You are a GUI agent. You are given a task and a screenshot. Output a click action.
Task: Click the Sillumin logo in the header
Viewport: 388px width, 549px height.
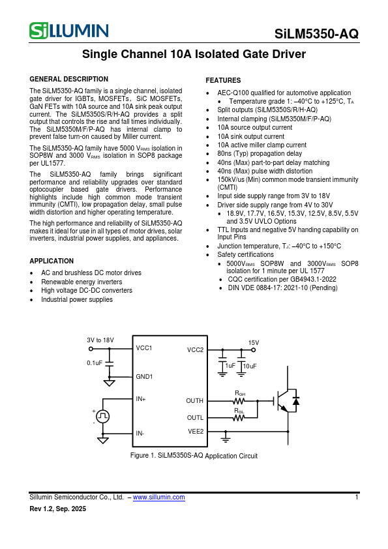click(x=68, y=31)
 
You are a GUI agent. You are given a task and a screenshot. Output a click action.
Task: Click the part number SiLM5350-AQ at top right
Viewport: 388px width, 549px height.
click(x=316, y=35)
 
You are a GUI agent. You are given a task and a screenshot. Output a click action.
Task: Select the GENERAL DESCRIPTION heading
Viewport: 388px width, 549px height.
click(x=69, y=79)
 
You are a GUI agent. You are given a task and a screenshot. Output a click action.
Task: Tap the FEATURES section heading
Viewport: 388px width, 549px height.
click(x=223, y=80)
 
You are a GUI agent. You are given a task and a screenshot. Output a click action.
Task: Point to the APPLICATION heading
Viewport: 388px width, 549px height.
click(x=52, y=260)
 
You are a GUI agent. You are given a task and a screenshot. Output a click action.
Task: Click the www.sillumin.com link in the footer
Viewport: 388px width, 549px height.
click(x=158, y=497)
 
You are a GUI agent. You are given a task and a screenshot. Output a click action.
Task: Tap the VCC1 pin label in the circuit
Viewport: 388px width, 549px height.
click(x=144, y=348)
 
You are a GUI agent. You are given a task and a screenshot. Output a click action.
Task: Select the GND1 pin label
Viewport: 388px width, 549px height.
click(x=144, y=376)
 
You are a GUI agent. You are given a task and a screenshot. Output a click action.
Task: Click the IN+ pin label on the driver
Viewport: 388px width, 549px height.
click(x=141, y=398)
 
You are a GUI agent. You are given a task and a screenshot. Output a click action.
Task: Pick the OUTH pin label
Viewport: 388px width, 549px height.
click(x=194, y=401)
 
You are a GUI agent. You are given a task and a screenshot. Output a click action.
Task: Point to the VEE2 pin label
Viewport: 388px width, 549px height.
click(x=196, y=431)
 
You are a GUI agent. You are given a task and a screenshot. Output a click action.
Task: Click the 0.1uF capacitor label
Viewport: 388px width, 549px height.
click(x=95, y=363)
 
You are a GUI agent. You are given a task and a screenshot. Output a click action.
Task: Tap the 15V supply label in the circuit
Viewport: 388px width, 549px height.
click(x=254, y=343)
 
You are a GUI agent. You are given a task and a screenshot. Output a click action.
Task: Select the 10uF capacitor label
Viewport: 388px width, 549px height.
click(x=250, y=366)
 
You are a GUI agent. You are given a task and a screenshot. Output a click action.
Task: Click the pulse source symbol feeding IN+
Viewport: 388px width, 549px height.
click(x=103, y=415)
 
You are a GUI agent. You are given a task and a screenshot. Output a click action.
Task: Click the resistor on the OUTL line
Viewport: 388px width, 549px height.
click(x=239, y=418)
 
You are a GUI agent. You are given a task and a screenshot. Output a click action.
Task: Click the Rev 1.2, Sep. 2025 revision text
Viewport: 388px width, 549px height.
click(x=58, y=509)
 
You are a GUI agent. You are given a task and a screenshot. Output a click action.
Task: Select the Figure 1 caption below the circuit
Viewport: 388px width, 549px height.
click(x=194, y=456)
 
